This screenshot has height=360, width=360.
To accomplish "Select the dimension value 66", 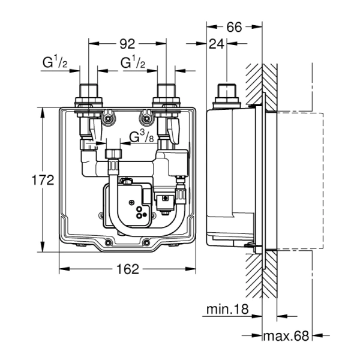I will pos(234,27).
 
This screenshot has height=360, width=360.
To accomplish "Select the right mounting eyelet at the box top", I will pos(143,118).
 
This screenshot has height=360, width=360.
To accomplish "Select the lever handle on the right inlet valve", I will pos(175,128).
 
